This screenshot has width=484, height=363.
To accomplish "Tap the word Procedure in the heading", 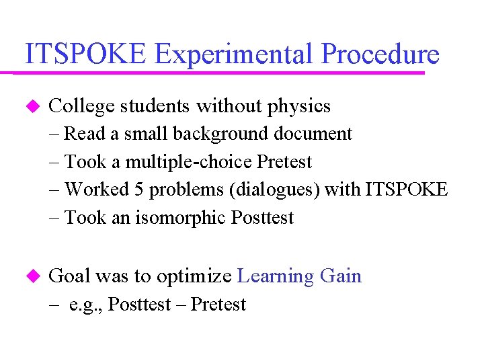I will (380, 54).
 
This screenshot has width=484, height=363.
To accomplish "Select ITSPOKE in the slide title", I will (85, 54).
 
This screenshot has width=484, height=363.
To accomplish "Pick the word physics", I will (299, 106).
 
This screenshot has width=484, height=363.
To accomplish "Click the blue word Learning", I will (276, 276).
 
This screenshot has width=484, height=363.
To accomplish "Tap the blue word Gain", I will (341, 276).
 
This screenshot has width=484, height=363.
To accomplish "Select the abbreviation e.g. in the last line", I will (86, 305).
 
